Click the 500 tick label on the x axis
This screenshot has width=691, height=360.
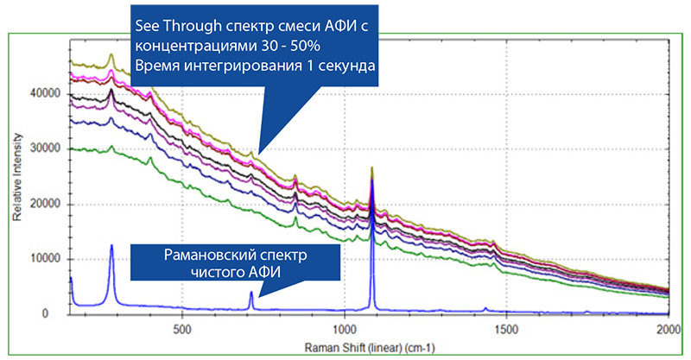click(181, 329)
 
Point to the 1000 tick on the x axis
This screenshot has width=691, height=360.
click(344, 329)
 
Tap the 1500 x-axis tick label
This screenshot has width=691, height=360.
click(506, 329)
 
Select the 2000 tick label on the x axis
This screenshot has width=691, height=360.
click(667, 329)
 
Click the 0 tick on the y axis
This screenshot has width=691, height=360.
click(57, 315)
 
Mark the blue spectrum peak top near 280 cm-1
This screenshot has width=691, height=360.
click(111, 245)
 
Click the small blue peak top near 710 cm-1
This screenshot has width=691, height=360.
click(251, 293)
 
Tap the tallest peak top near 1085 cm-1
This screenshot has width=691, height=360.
click(371, 167)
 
